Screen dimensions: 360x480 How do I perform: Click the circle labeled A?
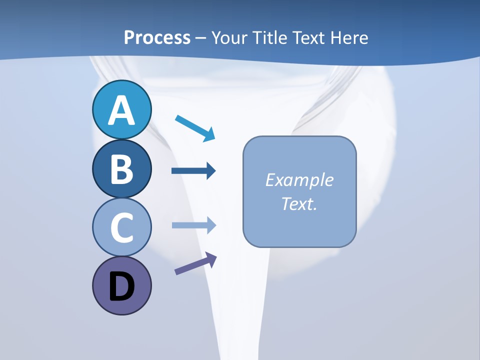pos(121,109)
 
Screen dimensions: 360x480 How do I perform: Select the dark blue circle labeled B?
pos(121,168)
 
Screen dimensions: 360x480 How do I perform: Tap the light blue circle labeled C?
pos(121,227)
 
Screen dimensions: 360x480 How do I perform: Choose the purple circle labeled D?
pos(121,286)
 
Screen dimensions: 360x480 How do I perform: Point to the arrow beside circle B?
pos(193,171)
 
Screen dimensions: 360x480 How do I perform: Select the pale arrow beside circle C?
pos(193,225)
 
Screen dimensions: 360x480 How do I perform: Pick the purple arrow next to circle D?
pos(195,263)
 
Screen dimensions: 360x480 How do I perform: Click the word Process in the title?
pos(157,37)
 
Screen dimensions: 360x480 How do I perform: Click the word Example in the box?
pos(299,180)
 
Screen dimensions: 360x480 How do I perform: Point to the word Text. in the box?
pos(299,204)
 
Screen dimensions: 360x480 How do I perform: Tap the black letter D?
pos(121,287)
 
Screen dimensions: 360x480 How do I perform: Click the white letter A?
pos(121,110)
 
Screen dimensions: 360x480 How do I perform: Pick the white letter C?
pos(121,228)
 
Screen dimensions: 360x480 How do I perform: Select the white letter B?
pos(121,169)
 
